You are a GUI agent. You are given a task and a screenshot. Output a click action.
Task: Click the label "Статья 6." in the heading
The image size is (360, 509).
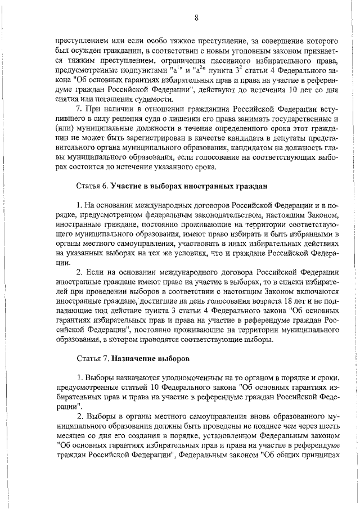[92, 185]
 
